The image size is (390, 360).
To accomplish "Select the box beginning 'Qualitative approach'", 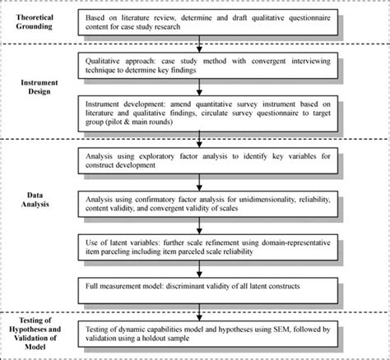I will pyautogui.click(x=209, y=66).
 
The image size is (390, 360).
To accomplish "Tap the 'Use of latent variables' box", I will pyautogui.click(x=209, y=248).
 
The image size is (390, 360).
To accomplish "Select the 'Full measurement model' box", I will pyautogui.click(x=209, y=288).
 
